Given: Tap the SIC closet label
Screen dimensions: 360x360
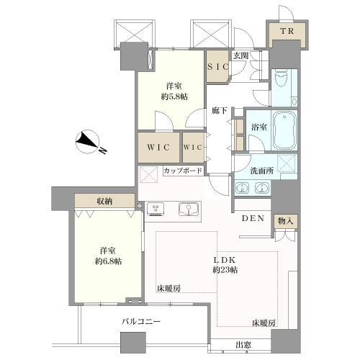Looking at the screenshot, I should pos(218,66).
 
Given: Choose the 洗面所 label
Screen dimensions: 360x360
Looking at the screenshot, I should pos(261,171).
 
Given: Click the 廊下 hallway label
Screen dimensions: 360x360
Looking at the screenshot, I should pos(220,112).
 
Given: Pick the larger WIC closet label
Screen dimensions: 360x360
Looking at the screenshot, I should pos(159,146).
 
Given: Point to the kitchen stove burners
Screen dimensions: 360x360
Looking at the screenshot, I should pos(157,209).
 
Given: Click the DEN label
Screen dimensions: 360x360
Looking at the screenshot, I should pos(253,220).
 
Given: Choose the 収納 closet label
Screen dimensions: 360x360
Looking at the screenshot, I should pos(105,200).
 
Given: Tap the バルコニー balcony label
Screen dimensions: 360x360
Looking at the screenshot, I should pos(140,322).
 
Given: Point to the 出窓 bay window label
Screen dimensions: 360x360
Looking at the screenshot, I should pos(243,345).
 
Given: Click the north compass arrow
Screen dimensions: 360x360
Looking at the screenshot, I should pos(91,142).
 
